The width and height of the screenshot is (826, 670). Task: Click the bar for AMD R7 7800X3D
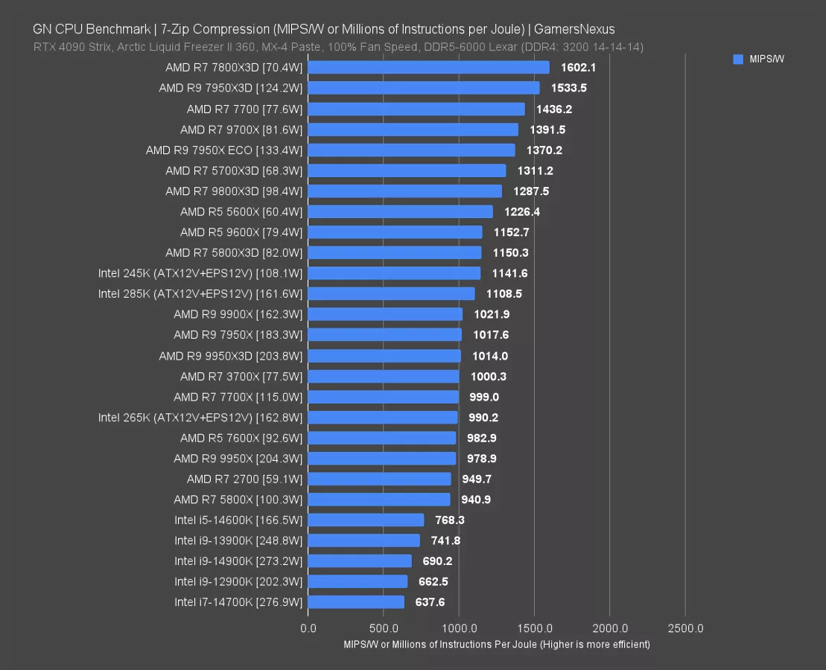[x=428, y=68]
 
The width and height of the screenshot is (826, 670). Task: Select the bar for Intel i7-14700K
[x=356, y=602]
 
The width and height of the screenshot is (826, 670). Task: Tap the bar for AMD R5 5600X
[x=400, y=211]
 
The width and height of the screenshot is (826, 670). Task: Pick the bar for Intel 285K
[x=391, y=294]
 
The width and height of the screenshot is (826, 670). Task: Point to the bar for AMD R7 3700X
[x=384, y=377]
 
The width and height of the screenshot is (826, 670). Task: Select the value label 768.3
[x=450, y=520]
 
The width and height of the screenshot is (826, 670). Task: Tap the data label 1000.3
[x=488, y=377]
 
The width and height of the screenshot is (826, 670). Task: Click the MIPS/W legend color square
[x=738, y=60]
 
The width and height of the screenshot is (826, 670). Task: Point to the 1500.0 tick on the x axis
[x=534, y=628]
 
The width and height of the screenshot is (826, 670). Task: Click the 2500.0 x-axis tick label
[x=685, y=628]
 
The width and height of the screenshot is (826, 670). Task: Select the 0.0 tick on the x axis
[x=308, y=628]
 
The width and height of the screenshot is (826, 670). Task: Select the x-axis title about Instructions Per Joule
[x=496, y=644]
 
